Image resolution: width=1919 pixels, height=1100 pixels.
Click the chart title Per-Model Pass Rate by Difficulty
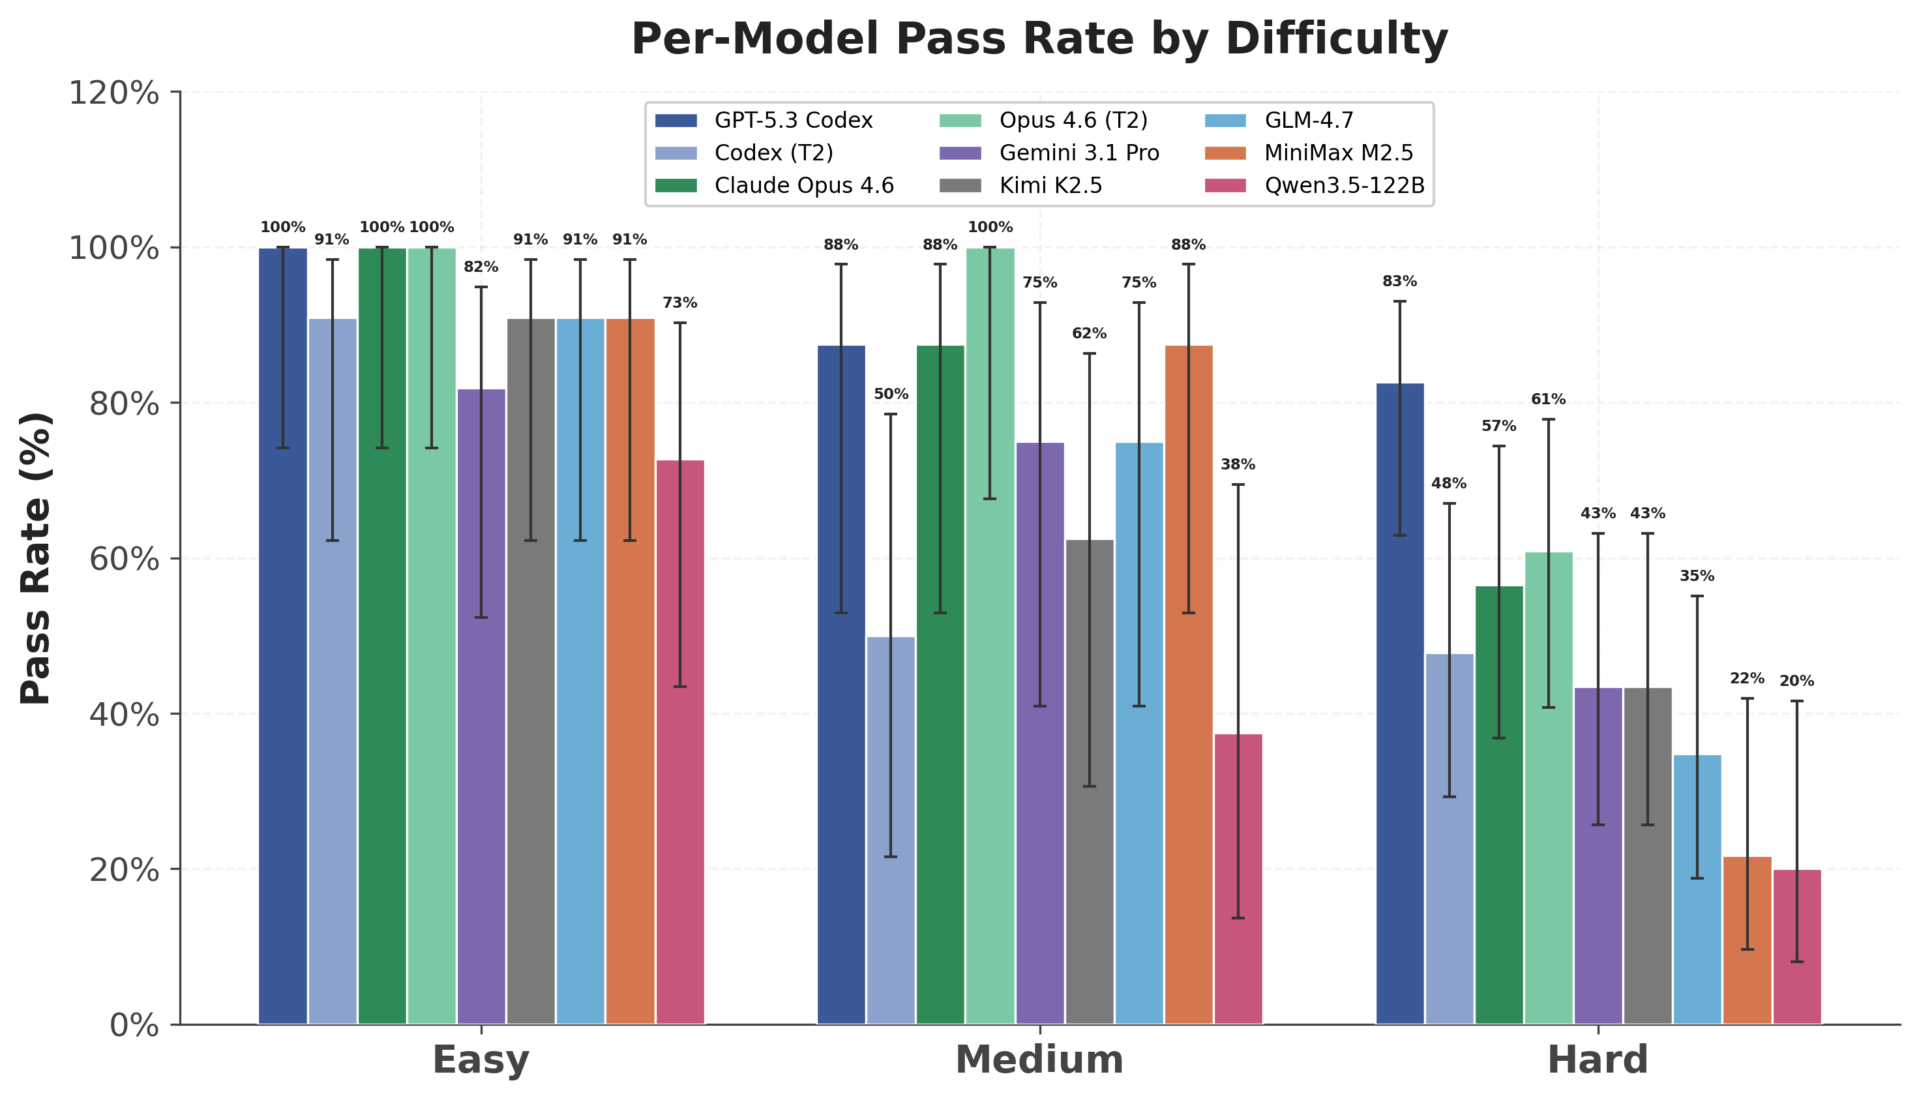pyautogui.click(x=1039, y=39)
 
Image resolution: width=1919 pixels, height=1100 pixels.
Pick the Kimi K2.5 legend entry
pyautogui.click(x=1022, y=186)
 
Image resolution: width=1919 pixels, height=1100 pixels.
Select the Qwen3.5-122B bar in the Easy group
pyautogui.click(x=680, y=742)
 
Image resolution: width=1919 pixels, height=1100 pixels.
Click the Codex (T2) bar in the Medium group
pyautogui.click(x=891, y=830)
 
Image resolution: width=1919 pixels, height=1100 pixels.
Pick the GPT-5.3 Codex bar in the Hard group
pyautogui.click(x=1400, y=704)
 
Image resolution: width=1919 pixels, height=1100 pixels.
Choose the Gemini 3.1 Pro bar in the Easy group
pyautogui.click(x=481, y=706)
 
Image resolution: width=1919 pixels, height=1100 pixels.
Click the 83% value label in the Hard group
pyautogui.click(x=1400, y=282)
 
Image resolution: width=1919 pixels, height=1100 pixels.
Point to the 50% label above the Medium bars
pyautogui.click(x=891, y=394)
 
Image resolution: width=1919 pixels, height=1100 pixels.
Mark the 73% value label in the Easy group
pyautogui.click(x=680, y=303)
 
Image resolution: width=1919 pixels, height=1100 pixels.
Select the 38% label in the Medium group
pyautogui.click(x=1238, y=465)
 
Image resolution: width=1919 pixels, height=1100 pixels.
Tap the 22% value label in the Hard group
pyautogui.click(x=1748, y=678)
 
